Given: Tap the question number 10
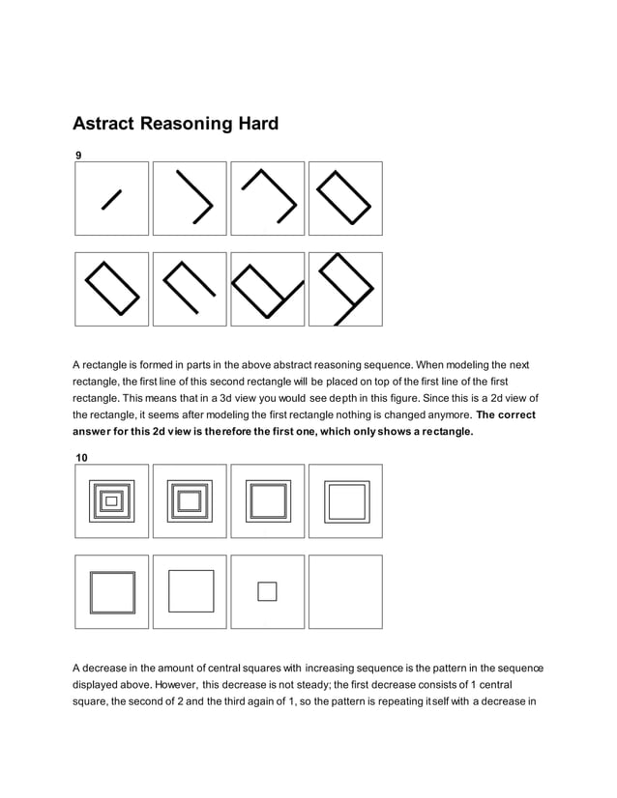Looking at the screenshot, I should pos(81,455).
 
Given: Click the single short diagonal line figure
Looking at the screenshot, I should pos(111,199).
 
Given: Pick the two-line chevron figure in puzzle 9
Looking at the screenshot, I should pos(190,198).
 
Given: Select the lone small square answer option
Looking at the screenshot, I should pos(267,591).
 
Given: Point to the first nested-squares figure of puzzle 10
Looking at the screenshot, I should pos(111,500).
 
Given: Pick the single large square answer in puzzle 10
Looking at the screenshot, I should pos(190,591).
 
